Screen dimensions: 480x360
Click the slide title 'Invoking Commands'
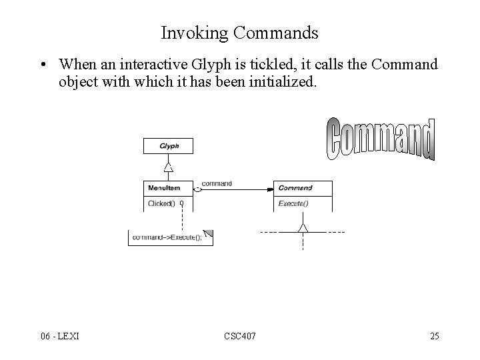click(239, 32)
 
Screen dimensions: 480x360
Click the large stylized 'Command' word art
click(381, 139)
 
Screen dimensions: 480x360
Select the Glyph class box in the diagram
click(168, 146)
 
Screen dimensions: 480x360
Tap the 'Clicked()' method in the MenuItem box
click(162, 203)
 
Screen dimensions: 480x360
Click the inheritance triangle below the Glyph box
click(169, 167)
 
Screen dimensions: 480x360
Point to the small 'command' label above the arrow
click(217, 183)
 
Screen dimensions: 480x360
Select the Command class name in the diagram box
click(295, 188)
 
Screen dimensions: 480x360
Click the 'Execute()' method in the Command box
click(293, 203)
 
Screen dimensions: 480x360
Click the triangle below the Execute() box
click(303, 229)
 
